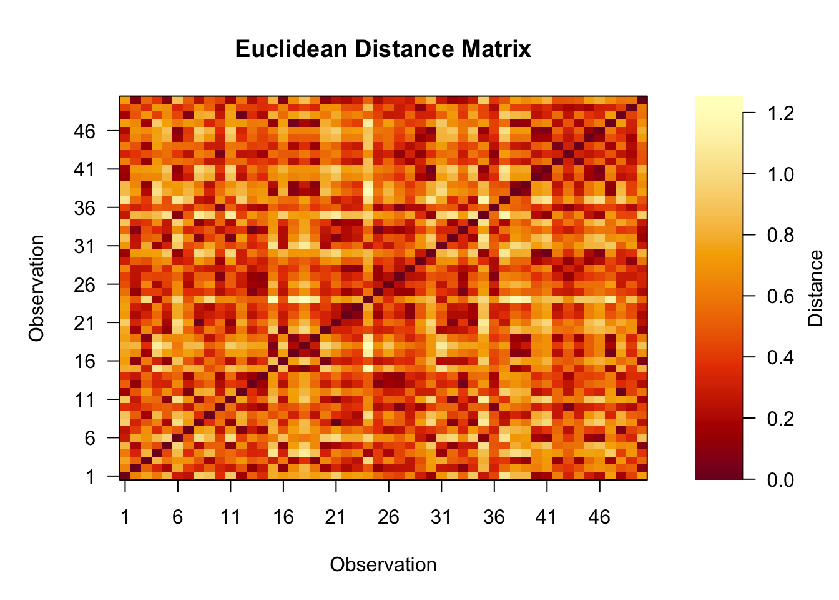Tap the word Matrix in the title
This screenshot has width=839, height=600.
pos(496,49)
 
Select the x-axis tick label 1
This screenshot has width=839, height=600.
pos(125,517)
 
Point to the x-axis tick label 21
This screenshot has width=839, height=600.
pos(336,517)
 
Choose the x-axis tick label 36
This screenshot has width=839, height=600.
pos(494,517)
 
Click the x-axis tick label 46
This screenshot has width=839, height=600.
pos(599,517)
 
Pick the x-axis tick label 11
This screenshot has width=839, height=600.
pos(230,517)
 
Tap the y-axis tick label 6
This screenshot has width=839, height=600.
pos(90,438)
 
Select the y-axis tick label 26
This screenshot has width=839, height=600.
pos(84,285)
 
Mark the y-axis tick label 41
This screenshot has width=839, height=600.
pos(84,169)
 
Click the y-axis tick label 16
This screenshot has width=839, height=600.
pos(84,361)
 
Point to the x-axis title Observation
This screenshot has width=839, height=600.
pos(383,564)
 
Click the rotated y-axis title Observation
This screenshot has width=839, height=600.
pos(37,288)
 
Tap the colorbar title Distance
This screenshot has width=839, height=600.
pos(815,288)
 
